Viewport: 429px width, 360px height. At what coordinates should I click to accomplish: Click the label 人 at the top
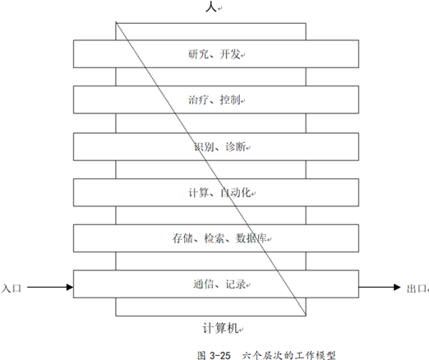[211, 7]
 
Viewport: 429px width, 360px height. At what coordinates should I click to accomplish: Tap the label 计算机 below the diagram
[220, 328]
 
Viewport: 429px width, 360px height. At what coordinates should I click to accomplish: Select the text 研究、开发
[214, 54]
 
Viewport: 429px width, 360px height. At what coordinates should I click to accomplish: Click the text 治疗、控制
[214, 99]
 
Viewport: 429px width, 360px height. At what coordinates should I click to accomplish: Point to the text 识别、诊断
[219, 147]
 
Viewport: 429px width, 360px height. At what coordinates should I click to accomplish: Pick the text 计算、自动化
[219, 192]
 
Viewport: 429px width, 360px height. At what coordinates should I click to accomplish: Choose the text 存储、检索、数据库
[219, 238]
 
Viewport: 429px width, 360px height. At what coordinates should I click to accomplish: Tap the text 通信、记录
[219, 284]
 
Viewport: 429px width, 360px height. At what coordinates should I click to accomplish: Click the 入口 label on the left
[11, 288]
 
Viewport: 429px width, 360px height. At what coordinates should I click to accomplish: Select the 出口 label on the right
[417, 288]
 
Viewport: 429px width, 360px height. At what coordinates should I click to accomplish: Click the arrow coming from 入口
[50, 287]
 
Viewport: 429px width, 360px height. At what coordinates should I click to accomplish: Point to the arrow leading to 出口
[380, 287]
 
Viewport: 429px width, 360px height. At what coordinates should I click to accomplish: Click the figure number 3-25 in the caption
[220, 355]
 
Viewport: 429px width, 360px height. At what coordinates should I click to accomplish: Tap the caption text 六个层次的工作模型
[288, 355]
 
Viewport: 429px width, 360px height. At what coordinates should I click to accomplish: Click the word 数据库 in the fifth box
[251, 238]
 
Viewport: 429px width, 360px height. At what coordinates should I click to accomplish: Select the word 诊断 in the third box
[235, 147]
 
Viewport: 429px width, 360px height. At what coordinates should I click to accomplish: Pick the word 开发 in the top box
[230, 54]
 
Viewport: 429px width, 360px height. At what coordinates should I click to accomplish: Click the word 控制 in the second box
[230, 99]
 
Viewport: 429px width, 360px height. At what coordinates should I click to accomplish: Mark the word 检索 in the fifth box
[214, 238]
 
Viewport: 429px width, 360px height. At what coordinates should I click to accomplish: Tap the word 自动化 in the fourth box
[235, 192]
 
